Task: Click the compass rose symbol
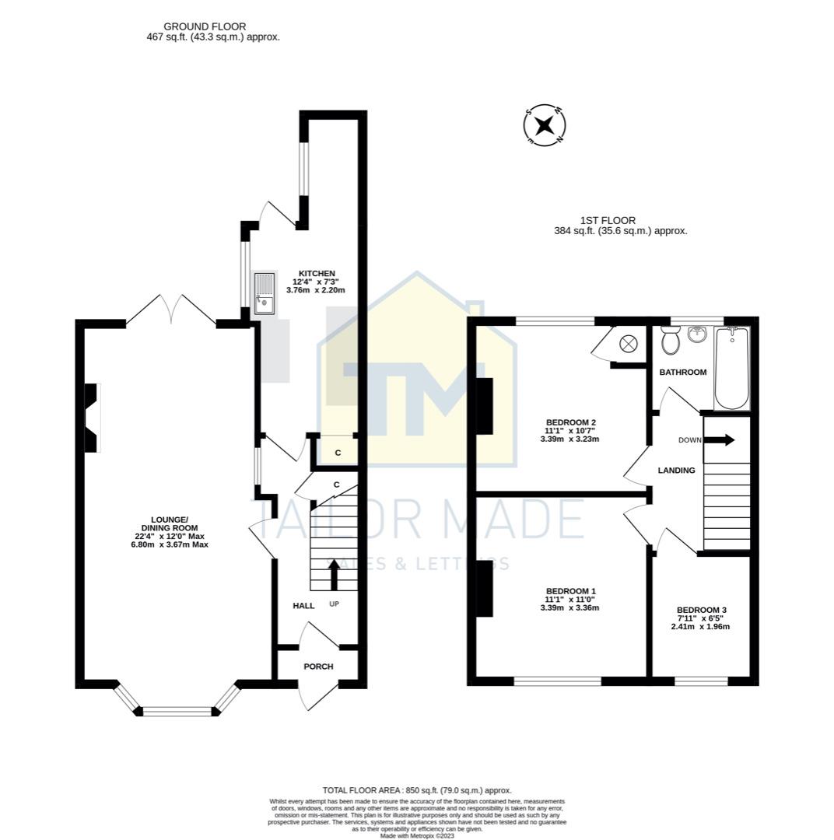click(x=545, y=124)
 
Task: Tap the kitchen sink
click(x=265, y=293)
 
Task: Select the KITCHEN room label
click(x=317, y=274)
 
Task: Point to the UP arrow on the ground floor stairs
click(x=335, y=576)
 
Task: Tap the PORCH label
click(x=318, y=667)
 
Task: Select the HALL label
click(x=303, y=606)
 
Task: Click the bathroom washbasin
click(x=696, y=334)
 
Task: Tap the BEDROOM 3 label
click(x=701, y=611)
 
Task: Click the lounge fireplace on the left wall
click(x=92, y=418)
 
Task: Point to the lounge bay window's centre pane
click(x=177, y=711)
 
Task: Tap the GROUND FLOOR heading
click(x=194, y=26)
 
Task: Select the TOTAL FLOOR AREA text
click(x=417, y=790)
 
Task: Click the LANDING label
click(x=676, y=471)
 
